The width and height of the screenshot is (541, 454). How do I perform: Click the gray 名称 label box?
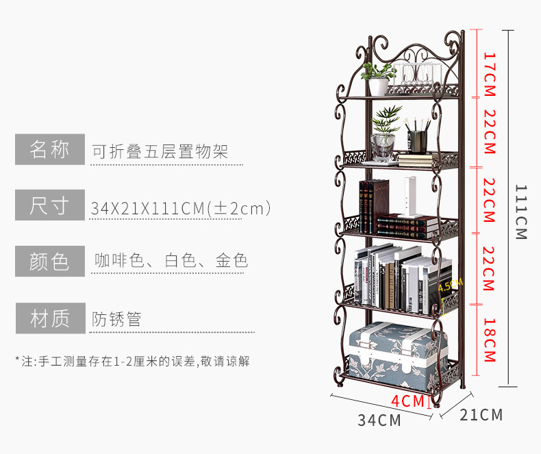tap(50, 149)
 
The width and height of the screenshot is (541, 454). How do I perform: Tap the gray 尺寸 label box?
tap(50, 205)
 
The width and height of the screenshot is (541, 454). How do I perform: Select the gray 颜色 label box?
tap(50, 262)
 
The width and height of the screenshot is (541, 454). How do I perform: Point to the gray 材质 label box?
tap(50, 318)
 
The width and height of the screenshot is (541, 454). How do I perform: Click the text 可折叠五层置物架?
tap(160, 151)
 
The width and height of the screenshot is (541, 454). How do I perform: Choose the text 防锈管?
tap(117, 319)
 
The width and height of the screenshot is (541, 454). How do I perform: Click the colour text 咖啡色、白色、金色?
tap(171, 261)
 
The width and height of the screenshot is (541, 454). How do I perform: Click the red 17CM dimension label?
tap(489, 68)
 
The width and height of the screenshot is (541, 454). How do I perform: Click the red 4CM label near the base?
tap(408, 401)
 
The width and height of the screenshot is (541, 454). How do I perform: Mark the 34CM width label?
tap(379, 420)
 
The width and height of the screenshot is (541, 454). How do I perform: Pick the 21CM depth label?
tap(481, 415)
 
